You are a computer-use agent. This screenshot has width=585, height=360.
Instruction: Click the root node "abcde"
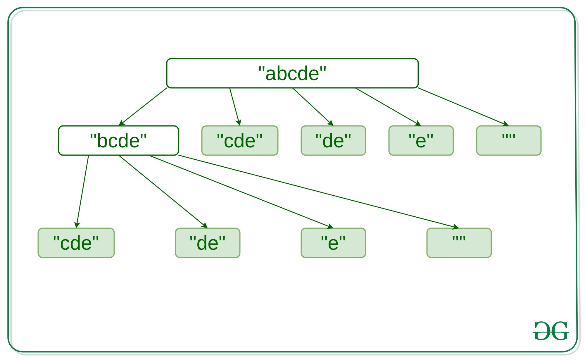coord(292,73)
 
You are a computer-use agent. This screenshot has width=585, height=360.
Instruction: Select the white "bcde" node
coord(118,140)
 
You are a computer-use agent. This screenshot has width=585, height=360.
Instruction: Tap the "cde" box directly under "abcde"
coord(240,140)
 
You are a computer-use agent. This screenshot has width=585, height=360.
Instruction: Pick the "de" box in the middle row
coord(333,140)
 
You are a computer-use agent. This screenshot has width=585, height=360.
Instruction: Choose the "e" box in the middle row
coord(421,140)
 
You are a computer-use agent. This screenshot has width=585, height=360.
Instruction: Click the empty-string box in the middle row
coord(509,140)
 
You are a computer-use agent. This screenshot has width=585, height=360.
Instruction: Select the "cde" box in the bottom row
coord(76,243)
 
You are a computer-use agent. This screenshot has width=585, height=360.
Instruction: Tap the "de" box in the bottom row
coord(208,243)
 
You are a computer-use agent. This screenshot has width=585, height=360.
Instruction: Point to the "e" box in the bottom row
coord(333,243)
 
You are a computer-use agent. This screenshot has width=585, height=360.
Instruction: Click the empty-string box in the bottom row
coord(459,243)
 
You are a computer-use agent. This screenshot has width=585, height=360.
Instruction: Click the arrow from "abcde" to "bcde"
coord(143,107)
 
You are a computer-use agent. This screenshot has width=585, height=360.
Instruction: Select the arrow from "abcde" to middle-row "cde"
coord(235,107)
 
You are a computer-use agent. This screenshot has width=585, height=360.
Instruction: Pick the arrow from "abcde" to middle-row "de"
coord(313,107)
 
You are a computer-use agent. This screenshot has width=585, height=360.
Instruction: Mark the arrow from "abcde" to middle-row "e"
coord(388,107)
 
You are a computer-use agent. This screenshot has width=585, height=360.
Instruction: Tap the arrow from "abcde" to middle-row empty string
coord(463,107)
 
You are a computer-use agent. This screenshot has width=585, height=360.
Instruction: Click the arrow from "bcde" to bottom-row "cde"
coord(82,192)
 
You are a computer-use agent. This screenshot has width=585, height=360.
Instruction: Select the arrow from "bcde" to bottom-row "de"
coord(163,192)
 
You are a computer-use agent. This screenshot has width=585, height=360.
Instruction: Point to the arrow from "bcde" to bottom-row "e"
coord(241,192)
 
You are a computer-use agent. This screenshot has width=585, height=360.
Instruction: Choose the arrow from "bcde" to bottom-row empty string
coord(319,192)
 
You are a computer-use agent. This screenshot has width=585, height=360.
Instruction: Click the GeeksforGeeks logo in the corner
coord(551,331)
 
